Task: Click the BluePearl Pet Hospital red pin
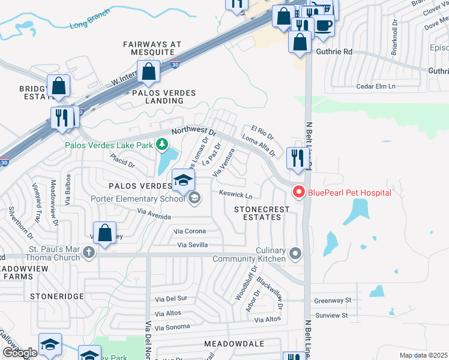(298, 192)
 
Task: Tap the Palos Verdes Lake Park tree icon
(161, 145)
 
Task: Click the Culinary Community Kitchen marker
(295, 253)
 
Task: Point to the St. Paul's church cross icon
(89, 252)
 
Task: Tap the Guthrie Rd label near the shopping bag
(334, 52)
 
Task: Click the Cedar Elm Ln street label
(376, 86)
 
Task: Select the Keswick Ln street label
(235, 196)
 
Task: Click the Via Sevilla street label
(192, 245)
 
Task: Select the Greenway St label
(332, 301)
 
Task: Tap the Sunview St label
(332, 315)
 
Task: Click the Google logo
(20, 352)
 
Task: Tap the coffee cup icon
(324, 25)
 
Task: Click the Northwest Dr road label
(193, 130)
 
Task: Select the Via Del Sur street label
(172, 298)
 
